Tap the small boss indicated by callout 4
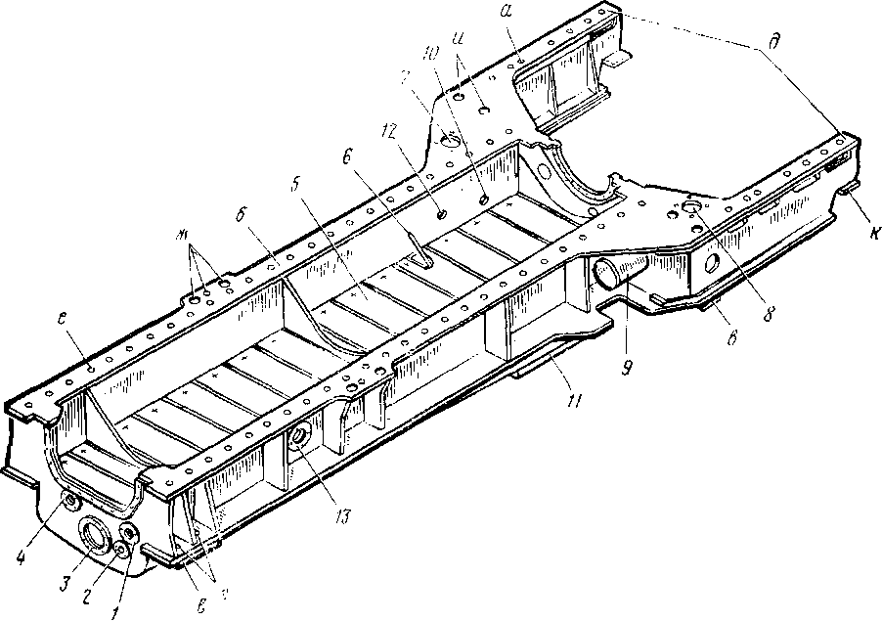click(x=68, y=502)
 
